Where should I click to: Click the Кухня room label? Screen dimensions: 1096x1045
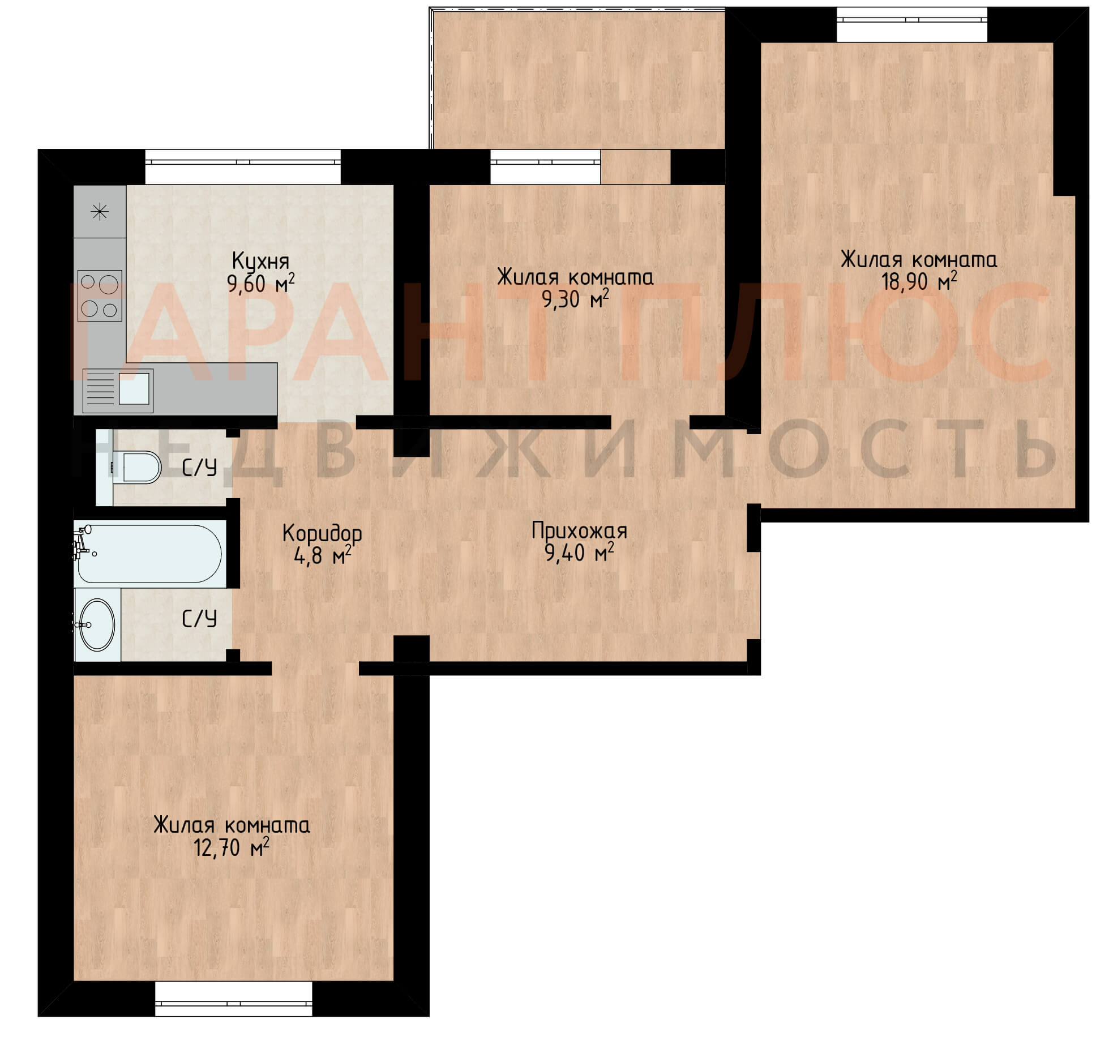(260, 262)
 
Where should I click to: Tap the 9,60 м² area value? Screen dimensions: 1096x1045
(260, 282)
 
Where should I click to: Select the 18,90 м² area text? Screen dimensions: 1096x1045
(918, 281)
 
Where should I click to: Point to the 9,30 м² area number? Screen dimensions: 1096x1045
(575, 298)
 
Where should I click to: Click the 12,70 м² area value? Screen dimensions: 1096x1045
(231, 847)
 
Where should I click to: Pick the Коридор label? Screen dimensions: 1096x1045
(322, 533)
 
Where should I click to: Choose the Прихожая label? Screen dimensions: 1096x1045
(579, 531)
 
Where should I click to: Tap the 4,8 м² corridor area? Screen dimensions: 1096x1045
(322, 555)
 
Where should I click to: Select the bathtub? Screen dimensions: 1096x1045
(149, 554)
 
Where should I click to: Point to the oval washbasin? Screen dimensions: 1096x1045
(97, 625)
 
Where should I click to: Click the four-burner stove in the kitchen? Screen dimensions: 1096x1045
(100, 295)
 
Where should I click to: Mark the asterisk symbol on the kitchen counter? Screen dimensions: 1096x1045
(100, 212)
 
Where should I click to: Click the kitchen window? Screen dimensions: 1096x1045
(243, 166)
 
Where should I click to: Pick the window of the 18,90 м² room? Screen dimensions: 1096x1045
(912, 25)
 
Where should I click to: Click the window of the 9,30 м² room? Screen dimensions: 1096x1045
(545, 166)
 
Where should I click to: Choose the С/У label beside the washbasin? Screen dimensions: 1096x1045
(199, 619)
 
